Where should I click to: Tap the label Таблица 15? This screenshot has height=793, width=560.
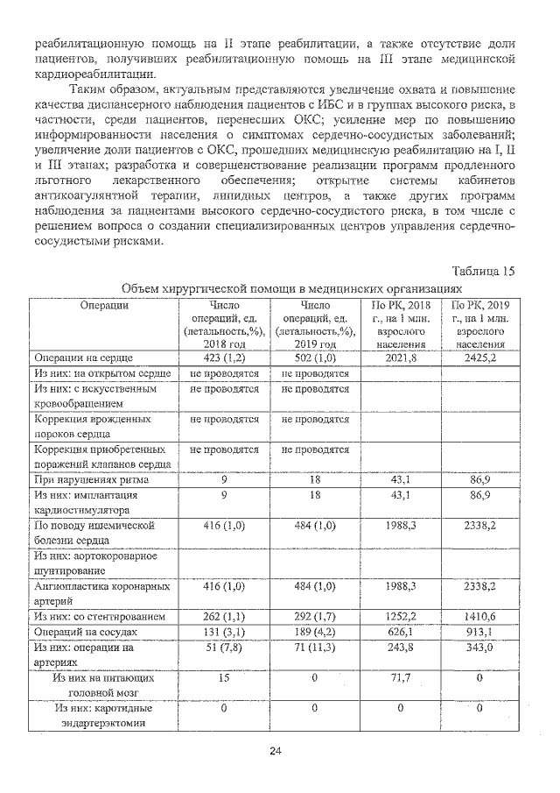pos(484,270)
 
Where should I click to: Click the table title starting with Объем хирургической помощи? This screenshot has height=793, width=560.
pos(291,287)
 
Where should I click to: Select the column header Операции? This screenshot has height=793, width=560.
pos(104,304)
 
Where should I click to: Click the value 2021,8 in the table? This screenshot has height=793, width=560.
pos(401,358)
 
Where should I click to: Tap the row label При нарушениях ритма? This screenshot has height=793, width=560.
pos(91,480)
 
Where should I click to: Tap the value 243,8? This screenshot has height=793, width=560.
pos(401,647)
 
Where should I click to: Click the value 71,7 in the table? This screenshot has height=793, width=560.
pos(401,677)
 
